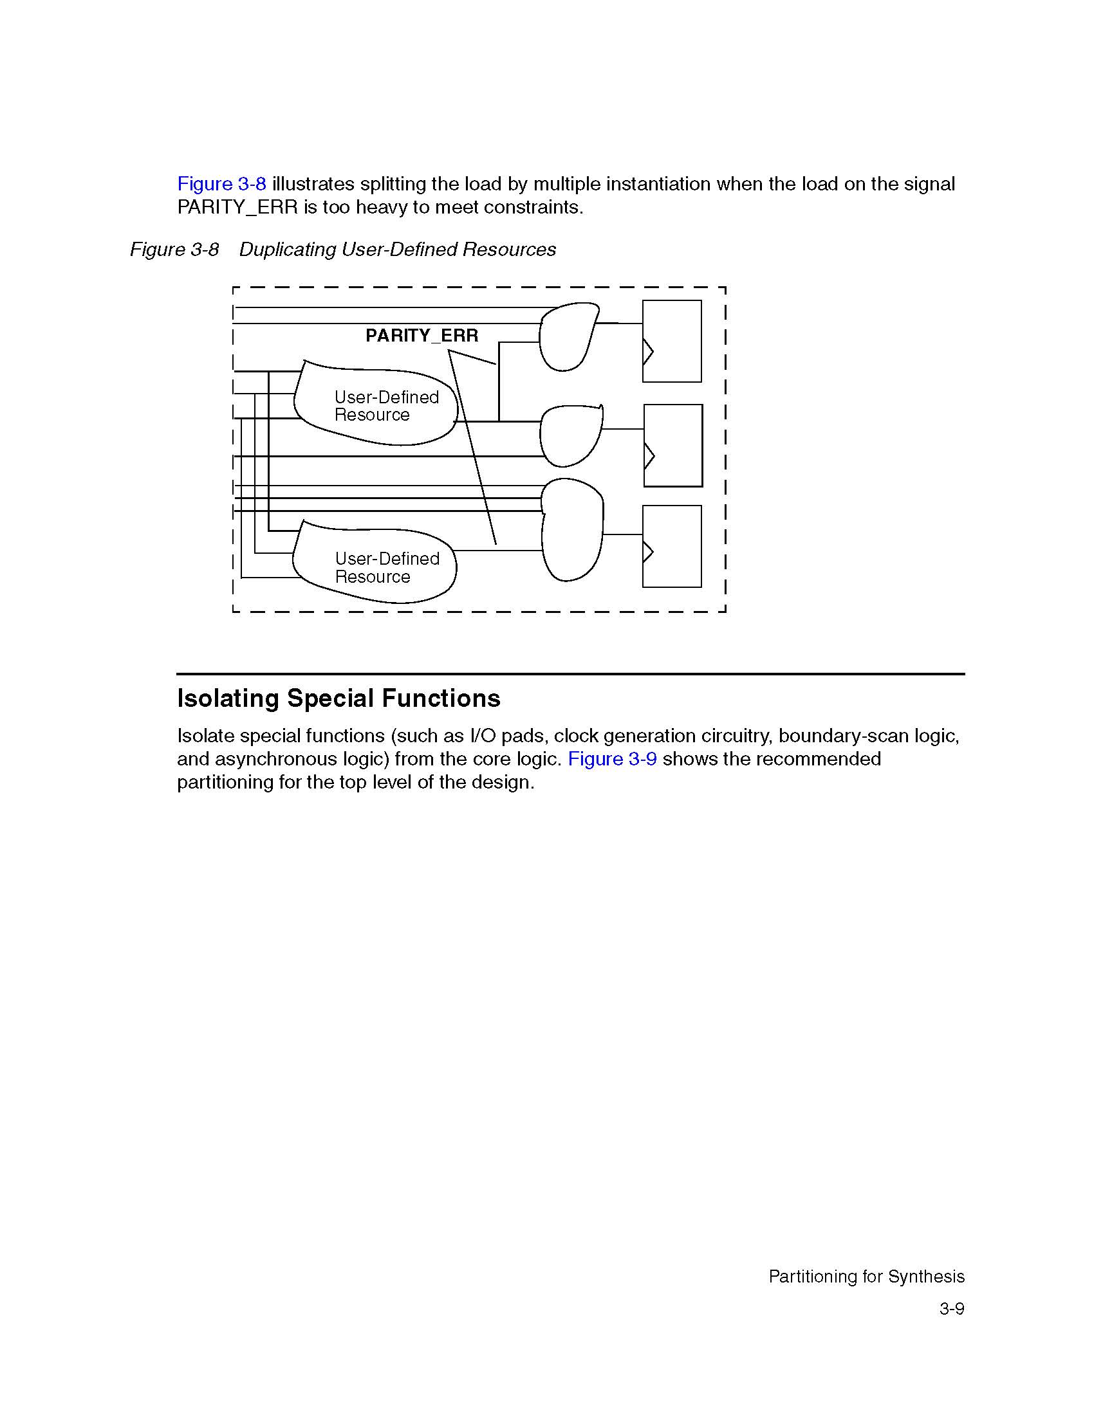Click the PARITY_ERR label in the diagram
point(422,336)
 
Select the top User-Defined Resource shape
point(376,405)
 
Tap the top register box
point(672,341)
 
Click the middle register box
point(672,445)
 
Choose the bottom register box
point(672,546)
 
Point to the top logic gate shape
point(567,337)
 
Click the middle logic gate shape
point(570,435)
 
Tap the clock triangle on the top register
point(647,351)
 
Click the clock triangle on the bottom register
point(647,551)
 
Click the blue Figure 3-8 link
point(221,184)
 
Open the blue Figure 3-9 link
point(612,759)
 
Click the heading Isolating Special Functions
point(338,698)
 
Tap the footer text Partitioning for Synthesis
point(867,1276)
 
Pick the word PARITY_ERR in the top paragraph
point(237,207)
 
